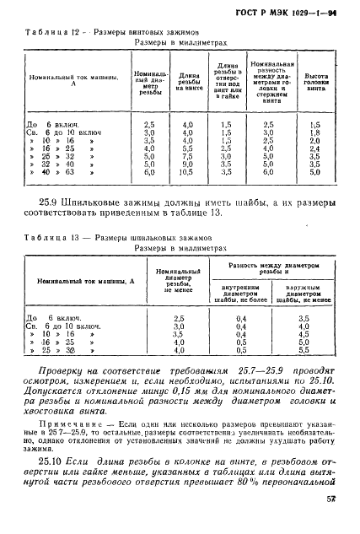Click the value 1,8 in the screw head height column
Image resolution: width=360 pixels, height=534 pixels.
tap(314, 132)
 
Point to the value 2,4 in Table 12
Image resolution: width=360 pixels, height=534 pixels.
tap(314, 147)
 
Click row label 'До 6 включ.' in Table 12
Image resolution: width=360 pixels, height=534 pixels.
tap(51, 123)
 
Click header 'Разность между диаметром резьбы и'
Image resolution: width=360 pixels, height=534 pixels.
tap(277, 268)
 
